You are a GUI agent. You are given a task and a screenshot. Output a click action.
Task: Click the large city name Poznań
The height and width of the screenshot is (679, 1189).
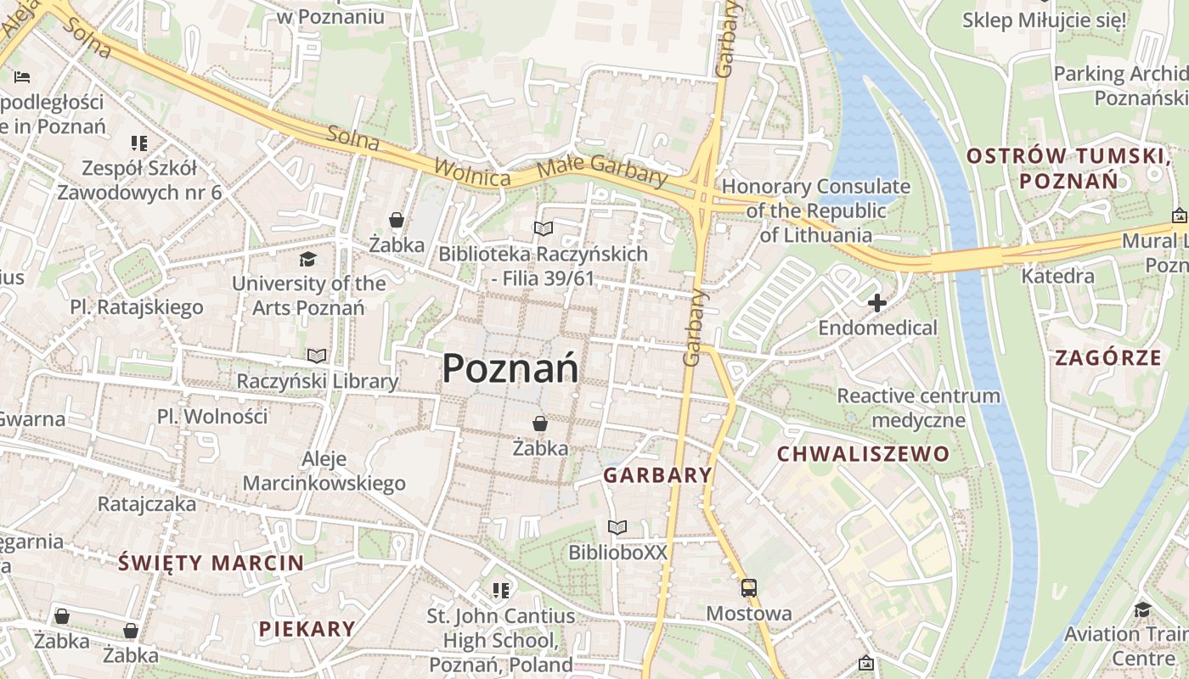pyautogui.click(x=510, y=369)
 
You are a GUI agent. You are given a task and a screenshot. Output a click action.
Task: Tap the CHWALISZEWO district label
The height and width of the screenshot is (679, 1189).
pyautogui.click(x=863, y=454)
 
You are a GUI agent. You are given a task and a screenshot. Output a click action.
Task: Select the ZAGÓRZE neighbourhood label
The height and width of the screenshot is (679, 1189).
pyautogui.click(x=1107, y=358)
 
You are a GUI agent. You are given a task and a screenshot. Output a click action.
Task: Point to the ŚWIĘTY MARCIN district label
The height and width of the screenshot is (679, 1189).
pyautogui.click(x=211, y=563)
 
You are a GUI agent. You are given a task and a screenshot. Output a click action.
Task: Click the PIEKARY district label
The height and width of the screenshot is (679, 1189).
pyautogui.click(x=307, y=629)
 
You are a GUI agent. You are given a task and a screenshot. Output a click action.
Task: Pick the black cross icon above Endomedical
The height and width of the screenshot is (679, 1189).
pyautogui.click(x=877, y=303)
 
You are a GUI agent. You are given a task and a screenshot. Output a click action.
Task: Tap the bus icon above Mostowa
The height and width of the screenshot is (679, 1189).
pyautogui.click(x=748, y=588)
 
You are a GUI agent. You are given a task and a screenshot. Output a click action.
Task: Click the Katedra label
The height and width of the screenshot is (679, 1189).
pyautogui.click(x=1057, y=276)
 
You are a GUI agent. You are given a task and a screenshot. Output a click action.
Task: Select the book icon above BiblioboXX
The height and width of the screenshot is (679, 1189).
pyautogui.click(x=617, y=528)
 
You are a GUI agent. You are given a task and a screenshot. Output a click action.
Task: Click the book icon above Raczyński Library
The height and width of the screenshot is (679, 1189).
pyautogui.click(x=317, y=356)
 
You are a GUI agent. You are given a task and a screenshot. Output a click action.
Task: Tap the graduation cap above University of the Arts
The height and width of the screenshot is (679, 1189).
pyautogui.click(x=307, y=259)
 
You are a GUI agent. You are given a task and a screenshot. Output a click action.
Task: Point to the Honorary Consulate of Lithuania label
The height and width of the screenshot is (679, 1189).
pyautogui.click(x=815, y=210)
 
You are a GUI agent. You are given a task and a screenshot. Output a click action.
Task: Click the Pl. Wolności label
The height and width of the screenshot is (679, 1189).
pyautogui.click(x=212, y=417)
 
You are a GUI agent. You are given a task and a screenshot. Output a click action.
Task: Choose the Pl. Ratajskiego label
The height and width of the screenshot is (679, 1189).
pyautogui.click(x=137, y=307)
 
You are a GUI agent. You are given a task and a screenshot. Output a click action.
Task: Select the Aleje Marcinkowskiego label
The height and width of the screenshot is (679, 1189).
pyautogui.click(x=324, y=472)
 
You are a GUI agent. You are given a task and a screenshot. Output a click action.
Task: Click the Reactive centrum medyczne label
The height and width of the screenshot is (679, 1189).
pyautogui.click(x=918, y=407)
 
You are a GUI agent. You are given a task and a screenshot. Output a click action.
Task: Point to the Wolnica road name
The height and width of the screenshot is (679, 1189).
pyautogui.click(x=471, y=172)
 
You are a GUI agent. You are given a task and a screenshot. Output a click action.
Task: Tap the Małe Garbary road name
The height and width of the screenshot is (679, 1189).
pyautogui.click(x=604, y=170)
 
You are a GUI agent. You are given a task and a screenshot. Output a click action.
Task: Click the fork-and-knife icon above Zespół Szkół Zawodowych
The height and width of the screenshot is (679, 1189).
pyautogui.click(x=138, y=143)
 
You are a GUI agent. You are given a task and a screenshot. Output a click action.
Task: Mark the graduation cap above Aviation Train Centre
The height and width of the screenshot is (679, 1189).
pyautogui.click(x=1142, y=609)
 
